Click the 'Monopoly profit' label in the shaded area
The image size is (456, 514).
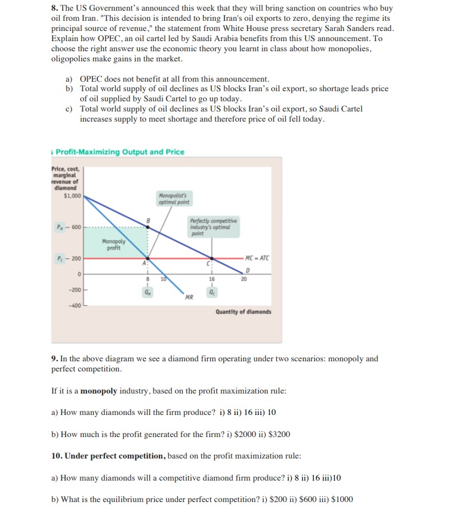(113, 244)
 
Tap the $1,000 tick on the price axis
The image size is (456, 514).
(72, 195)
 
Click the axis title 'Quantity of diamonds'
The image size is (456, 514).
(243, 312)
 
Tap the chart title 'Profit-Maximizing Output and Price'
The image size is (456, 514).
(120, 152)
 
